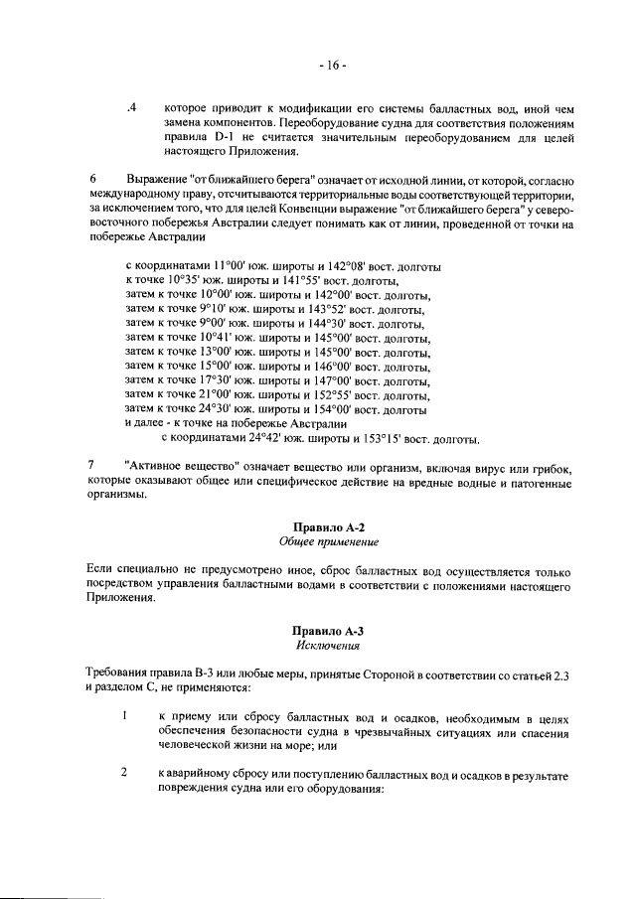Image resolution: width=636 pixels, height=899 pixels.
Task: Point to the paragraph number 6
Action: point(92,178)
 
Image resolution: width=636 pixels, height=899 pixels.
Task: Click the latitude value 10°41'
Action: point(217,338)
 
